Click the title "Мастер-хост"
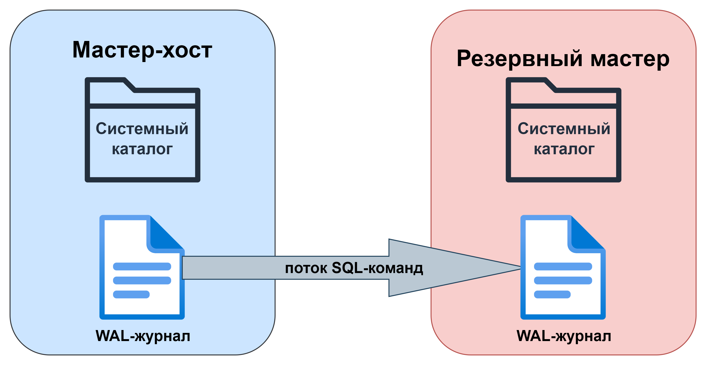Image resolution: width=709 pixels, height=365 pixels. click(x=142, y=50)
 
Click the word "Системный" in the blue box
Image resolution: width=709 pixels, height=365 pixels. click(x=142, y=129)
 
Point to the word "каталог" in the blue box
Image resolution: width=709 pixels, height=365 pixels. click(x=142, y=149)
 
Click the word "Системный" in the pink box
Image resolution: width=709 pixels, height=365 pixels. click(x=564, y=129)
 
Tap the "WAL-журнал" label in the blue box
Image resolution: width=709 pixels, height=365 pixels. click(x=143, y=336)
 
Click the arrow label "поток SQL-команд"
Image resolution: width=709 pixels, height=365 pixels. click(x=354, y=268)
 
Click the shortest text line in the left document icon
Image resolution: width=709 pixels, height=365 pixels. click(x=131, y=294)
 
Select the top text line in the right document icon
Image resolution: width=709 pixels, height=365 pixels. click(x=563, y=266)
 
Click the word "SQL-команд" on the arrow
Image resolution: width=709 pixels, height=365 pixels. click(x=377, y=268)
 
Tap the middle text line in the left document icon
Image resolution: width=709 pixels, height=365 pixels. click(x=142, y=280)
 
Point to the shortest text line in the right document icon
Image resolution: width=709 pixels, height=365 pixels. click(x=552, y=294)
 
